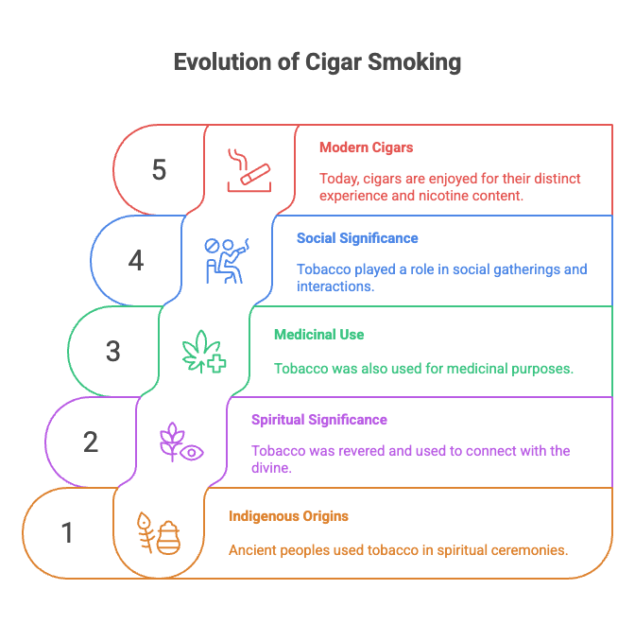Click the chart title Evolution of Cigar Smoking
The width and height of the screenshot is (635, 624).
[x=317, y=63]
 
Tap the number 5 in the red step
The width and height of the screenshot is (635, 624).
[x=159, y=170]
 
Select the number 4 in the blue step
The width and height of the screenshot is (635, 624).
[x=136, y=261]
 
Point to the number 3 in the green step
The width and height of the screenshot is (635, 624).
[x=113, y=352]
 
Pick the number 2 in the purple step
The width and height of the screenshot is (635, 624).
[x=91, y=442]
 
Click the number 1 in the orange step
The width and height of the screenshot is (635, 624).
[x=67, y=533]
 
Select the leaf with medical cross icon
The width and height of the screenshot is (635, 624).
[x=204, y=351]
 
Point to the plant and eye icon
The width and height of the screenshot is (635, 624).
[x=181, y=442]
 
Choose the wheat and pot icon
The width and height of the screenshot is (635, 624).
[x=159, y=533]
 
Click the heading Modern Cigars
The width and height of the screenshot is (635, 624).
[x=366, y=147]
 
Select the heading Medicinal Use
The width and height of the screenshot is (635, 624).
[x=318, y=335]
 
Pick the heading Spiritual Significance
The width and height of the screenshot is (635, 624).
[x=318, y=420]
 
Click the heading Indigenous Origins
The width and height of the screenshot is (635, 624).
[x=288, y=516]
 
